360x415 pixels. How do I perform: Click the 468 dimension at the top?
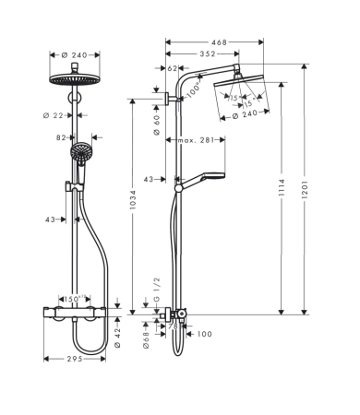[218, 42]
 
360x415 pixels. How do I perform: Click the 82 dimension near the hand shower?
[62, 136]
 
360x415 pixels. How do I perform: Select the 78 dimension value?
[173, 325]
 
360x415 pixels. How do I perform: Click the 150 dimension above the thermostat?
[71, 300]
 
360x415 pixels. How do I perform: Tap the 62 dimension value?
[174, 68]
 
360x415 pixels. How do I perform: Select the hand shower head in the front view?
[81, 149]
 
